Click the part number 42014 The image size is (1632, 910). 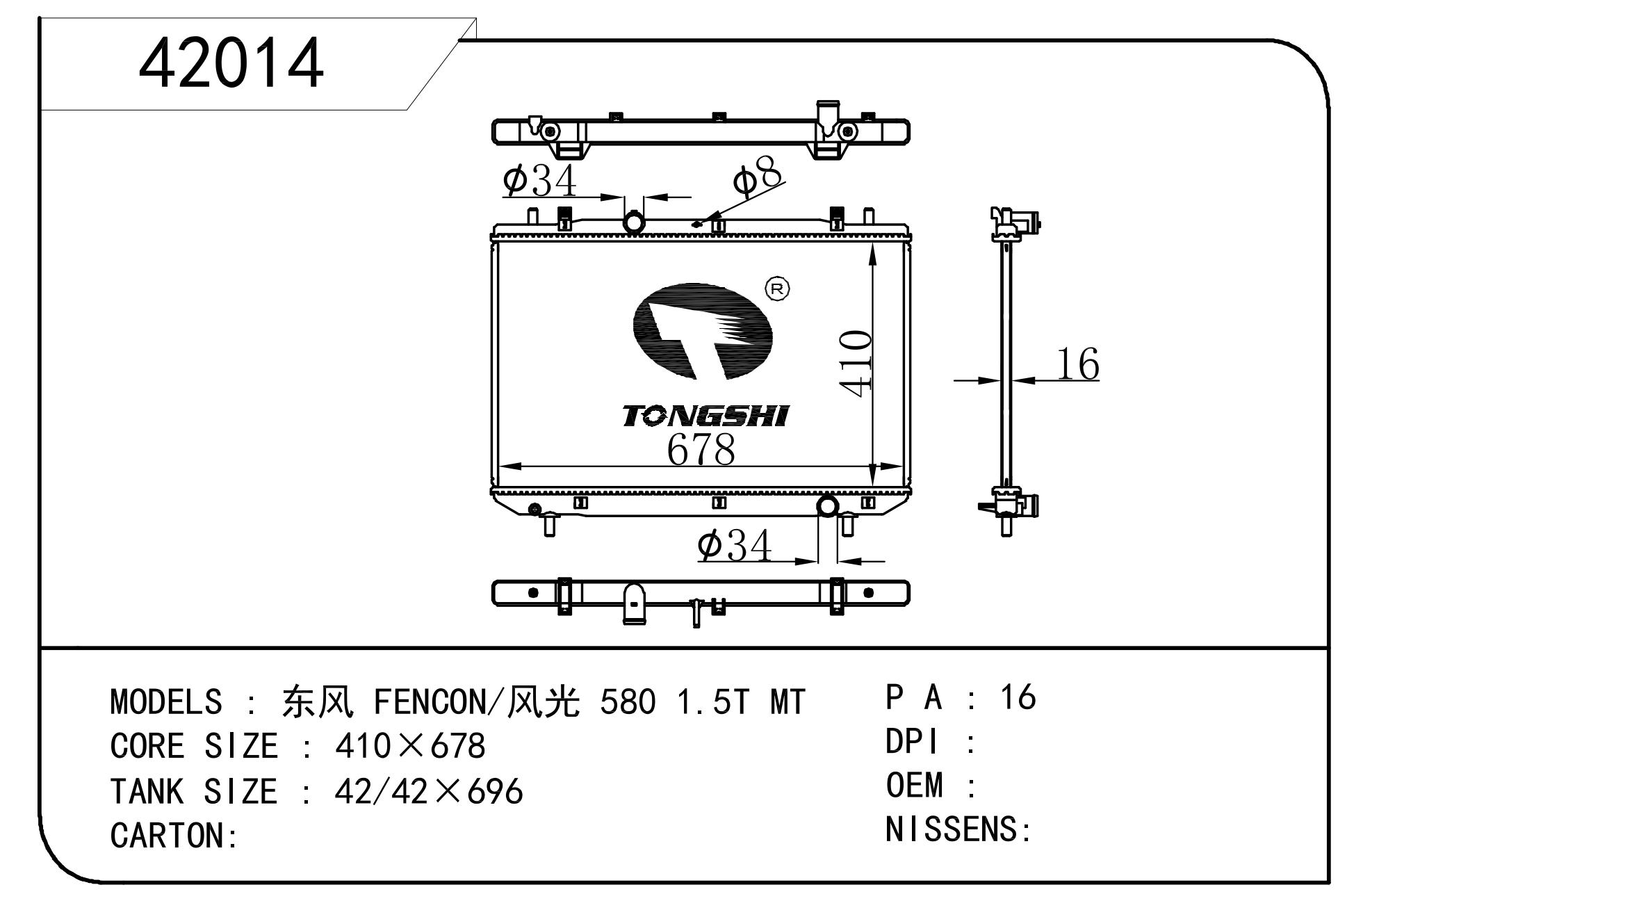pos(231,63)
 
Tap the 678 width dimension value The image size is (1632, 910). pos(701,449)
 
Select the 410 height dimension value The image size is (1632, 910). pos(856,364)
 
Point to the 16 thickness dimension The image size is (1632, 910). pos(1077,364)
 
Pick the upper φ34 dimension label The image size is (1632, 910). pos(539,180)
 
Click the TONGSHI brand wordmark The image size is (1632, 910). pos(705,416)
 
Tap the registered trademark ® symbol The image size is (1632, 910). pos(777,289)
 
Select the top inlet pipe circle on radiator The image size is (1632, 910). pos(634,222)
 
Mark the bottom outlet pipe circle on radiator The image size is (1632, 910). pos(828,506)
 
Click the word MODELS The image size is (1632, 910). pos(166,701)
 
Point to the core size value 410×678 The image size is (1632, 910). pos(410,746)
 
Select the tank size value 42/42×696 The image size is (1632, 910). pos(428,791)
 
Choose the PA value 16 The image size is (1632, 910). pos(1018,697)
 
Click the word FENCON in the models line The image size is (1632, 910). pos(431,701)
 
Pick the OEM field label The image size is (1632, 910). pos(914,785)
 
